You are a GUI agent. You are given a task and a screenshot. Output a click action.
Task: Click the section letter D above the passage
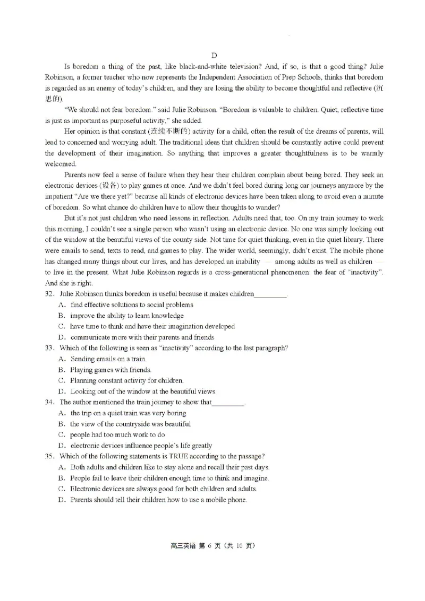[x=214, y=56]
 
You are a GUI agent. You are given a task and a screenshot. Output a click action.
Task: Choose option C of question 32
[x=62, y=327]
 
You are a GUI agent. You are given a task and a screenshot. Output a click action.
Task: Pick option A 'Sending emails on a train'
[x=62, y=359]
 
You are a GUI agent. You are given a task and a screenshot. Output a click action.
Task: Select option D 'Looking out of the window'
[x=62, y=391]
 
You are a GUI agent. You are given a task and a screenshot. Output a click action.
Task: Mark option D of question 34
[x=62, y=446]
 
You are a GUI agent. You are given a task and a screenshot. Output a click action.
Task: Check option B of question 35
[x=62, y=478]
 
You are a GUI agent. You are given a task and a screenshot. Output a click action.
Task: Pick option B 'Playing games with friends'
[x=62, y=370]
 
